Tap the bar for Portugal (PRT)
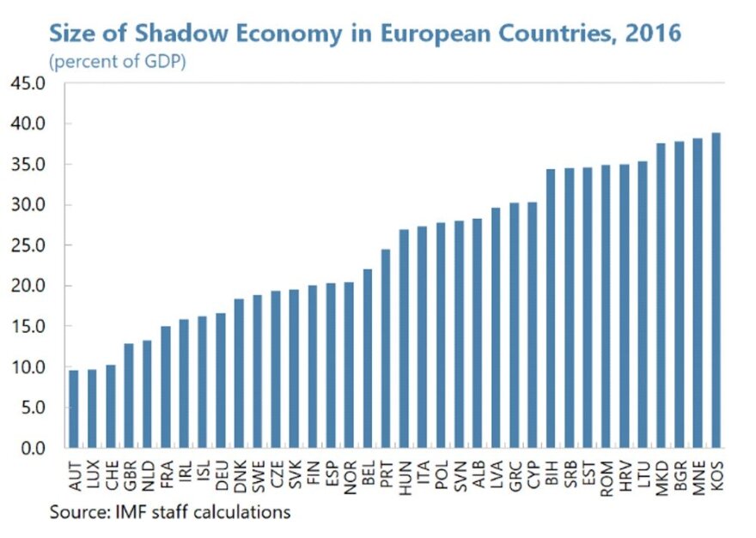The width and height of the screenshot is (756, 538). pyautogui.click(x=386, y=348)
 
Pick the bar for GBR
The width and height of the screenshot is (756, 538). pyautogui.click(x=129, y=396)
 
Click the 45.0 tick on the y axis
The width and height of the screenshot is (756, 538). pyautogui.click(x=27, y=83)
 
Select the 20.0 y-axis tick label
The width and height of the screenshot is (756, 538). pyautogui.click(x=27, y=286)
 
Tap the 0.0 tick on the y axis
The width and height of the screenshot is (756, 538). pyautogui.click(x=32, y=448)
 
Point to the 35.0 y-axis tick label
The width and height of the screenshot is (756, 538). pyautogui.click(x=27, y=164)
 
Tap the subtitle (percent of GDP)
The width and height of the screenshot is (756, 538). pyautogui.click(x=117, y=62)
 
